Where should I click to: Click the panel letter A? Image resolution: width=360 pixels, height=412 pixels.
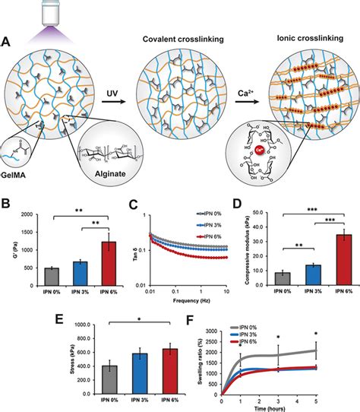click(x=7, y=44)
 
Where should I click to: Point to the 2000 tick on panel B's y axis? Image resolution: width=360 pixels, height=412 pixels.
click(x=27, y=215)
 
